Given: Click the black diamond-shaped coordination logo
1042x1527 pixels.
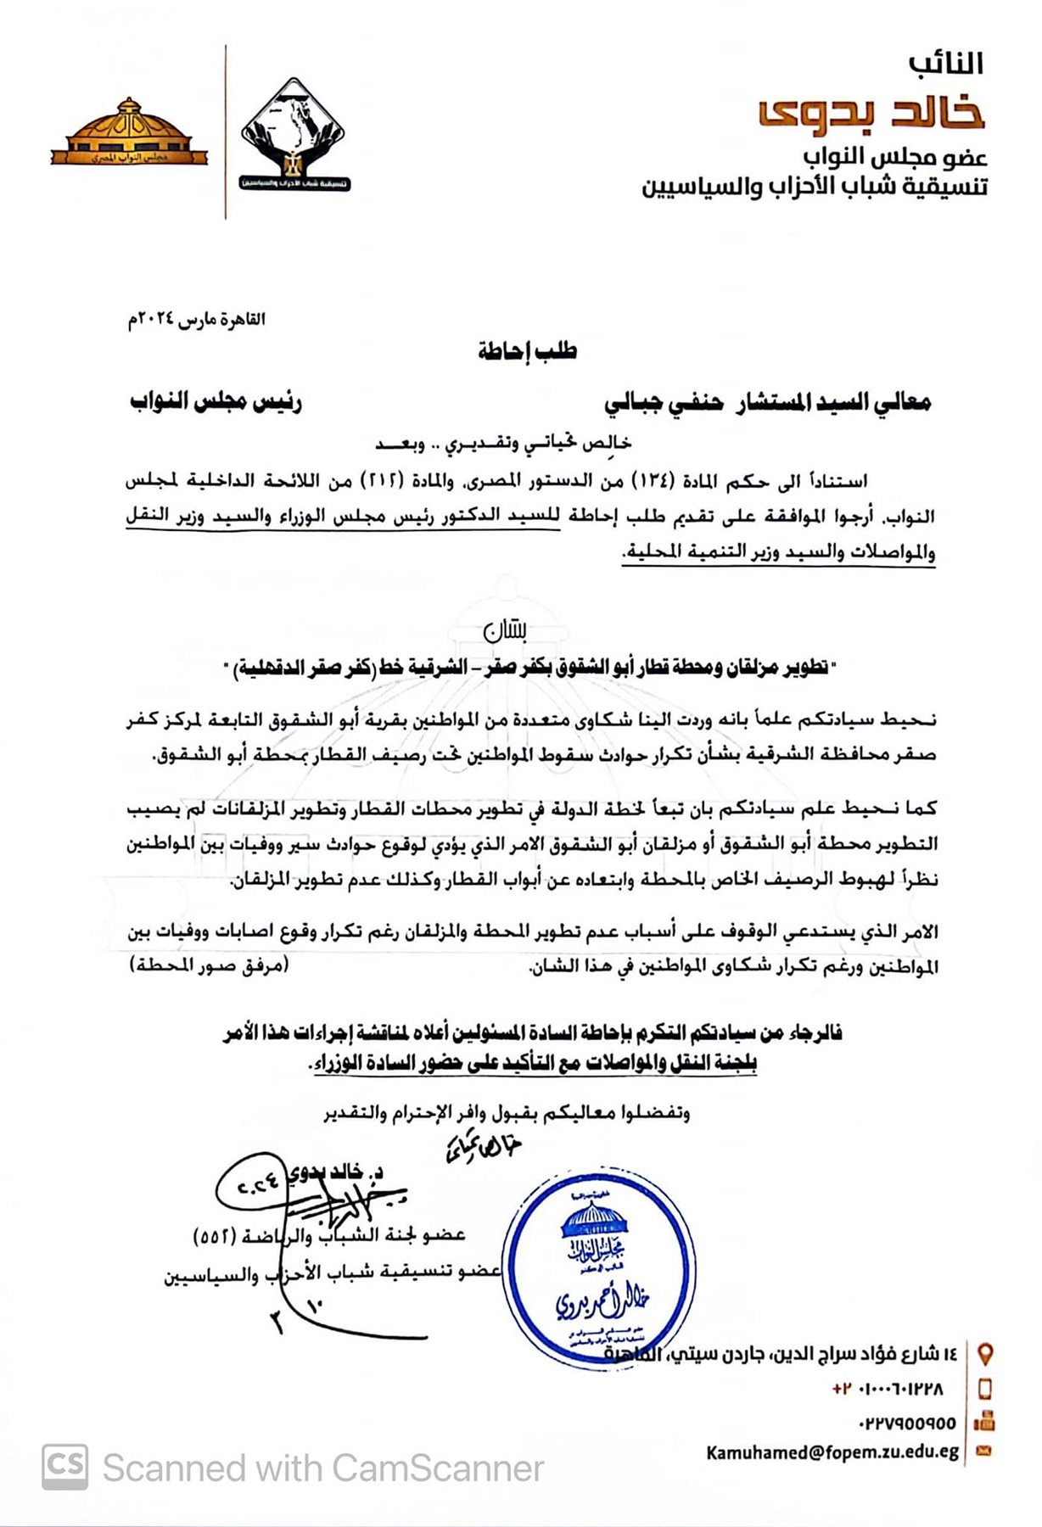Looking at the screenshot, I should click(x=294, y=134).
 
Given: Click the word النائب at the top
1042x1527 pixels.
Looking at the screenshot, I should click(x=945, y=64).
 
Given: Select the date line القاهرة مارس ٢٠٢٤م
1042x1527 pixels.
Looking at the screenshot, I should click(x=196, y=320).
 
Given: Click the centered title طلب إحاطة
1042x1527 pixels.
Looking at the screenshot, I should click(x=527, y=351).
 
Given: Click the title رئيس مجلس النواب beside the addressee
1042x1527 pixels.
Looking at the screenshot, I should click(x=216, y=401).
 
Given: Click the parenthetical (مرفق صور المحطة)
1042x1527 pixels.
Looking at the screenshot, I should click(x=210, y=965).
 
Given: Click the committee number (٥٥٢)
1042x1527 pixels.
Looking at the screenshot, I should click(x=209, y=1236).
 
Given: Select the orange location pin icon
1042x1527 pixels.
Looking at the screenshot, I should click(x=985, y=1354).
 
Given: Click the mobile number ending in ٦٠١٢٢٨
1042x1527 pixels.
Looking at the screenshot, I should click(x=888, y=1389).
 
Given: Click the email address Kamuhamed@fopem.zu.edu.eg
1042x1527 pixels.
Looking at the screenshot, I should click(x=832, y=1452).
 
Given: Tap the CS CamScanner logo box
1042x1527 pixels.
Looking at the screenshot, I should click(x=64, y=1467).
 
